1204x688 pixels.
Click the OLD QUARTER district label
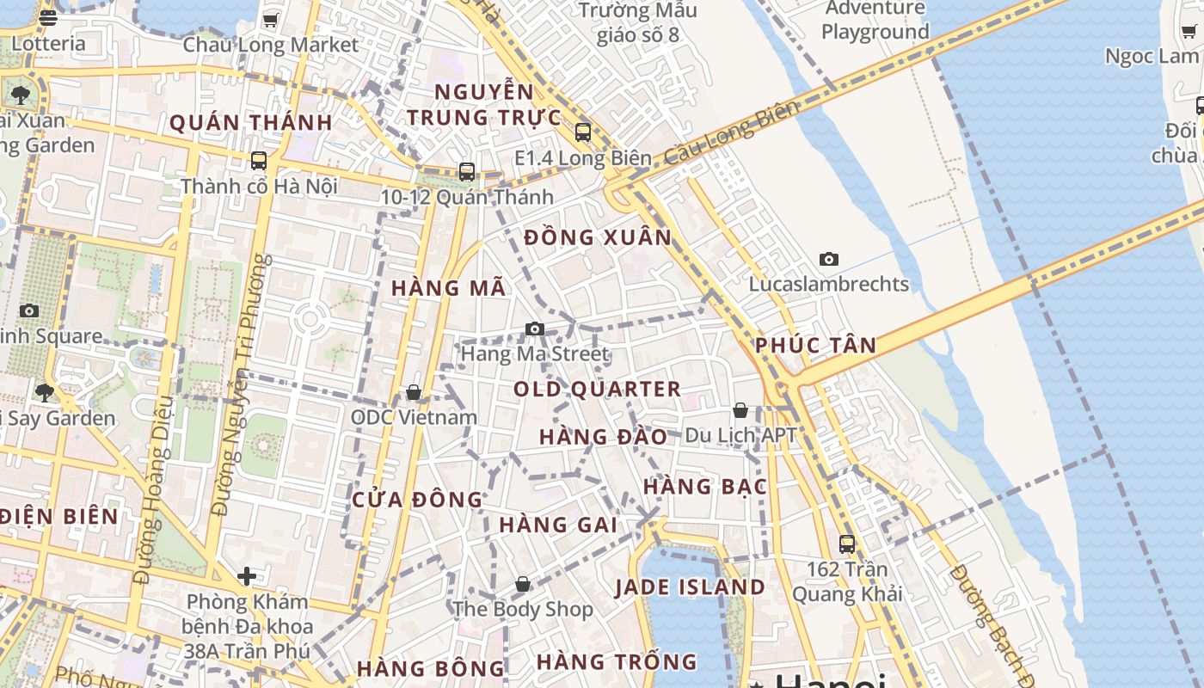tap(597, 390)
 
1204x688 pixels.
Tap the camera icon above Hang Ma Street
tap(535, 329)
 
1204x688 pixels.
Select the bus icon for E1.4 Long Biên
tap(583, 132)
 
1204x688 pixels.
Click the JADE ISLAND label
tap(690, 587)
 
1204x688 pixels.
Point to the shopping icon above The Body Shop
tap(522, 585)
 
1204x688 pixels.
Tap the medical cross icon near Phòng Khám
tap(247, 575)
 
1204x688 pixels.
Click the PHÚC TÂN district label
tap(815, 346)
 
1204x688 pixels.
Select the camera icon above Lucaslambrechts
tap(829, 259)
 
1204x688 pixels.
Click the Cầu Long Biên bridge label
tap(732, 132)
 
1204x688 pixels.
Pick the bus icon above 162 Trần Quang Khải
tap(847, 544)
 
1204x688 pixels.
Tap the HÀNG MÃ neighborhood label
tap(448, 288)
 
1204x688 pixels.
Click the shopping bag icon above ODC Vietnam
tap(414, 392)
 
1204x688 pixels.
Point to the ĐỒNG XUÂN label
tap(598, 237)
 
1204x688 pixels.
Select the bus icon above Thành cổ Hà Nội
tap(258, 160)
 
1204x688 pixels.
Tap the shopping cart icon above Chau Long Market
tap(270, 20)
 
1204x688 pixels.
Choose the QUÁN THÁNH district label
tap(250, 123)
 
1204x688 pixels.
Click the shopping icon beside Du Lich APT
tap(740, 410)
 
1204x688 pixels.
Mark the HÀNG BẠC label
tap(704, 487)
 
